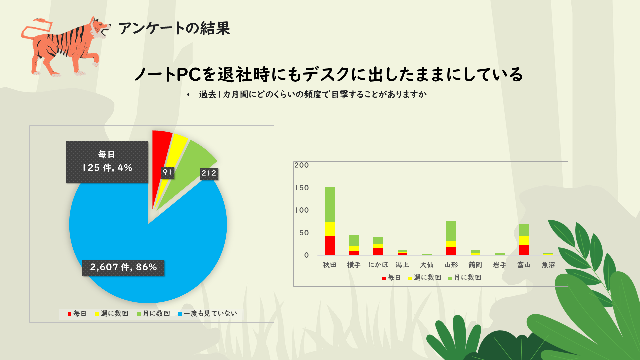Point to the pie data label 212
[x=209, y=173]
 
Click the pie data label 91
[x=167, y=172]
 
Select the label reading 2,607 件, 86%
[x=123, y=267]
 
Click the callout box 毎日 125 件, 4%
[x=107, y=162]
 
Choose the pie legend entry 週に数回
[x=112, y=314]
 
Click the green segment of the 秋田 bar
[x=330, y=204]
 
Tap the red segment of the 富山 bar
[x=524, y=250]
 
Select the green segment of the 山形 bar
[x=451, y=231]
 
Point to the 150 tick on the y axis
[x=302, y=188]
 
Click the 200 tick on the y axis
[x=302, y=165]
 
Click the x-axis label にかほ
[x=378, y=265]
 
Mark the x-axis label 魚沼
[x=548, y=265]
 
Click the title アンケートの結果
[x=174, y=28]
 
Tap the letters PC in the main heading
[x=189, y=74]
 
